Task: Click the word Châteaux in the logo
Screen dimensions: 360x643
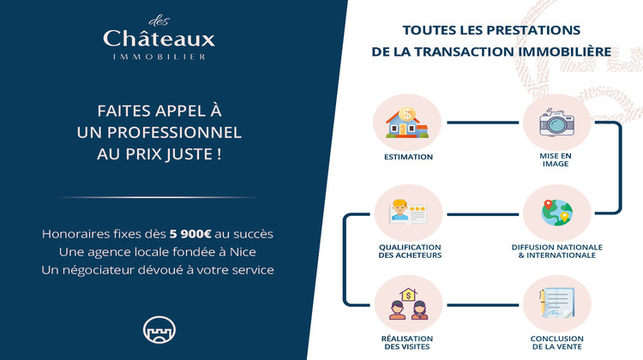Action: click(x=159, y=39)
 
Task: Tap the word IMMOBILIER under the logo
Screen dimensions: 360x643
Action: click(x=159, y=57)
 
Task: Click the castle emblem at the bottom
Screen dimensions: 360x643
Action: click(x=158, y=330)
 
